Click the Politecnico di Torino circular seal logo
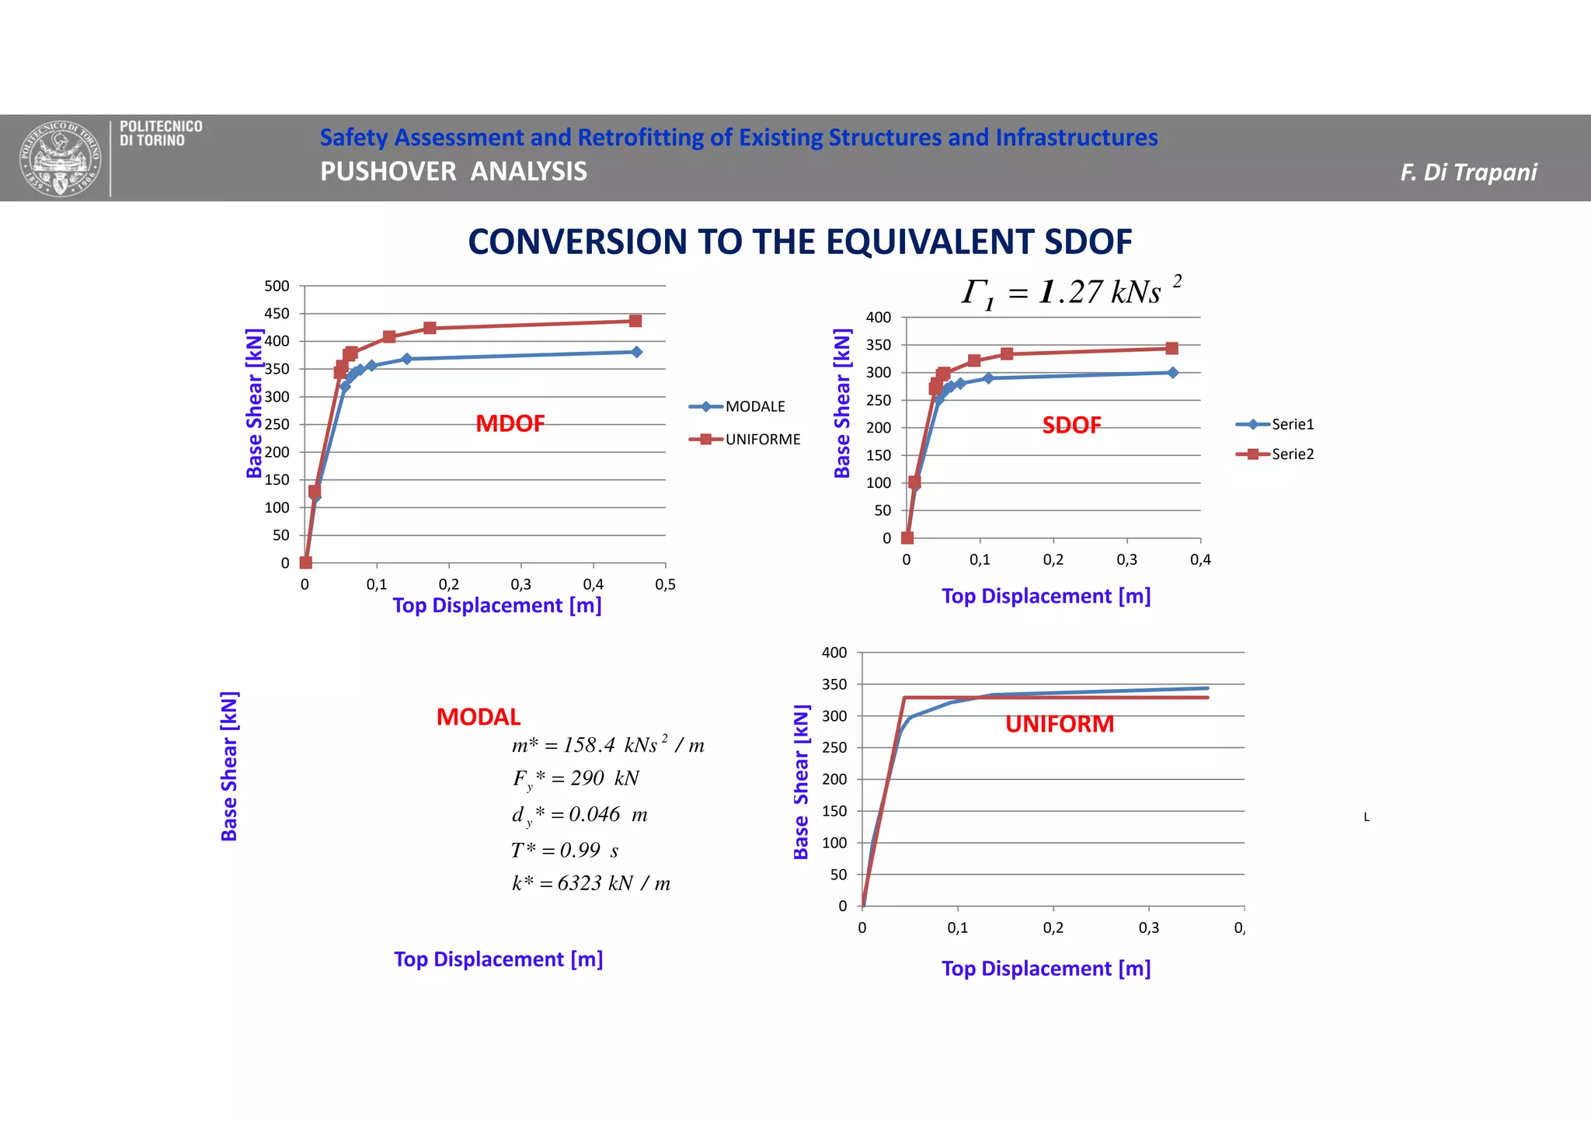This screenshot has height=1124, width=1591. tap(60, 159)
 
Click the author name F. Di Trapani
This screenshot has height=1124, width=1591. tap(1467, 172)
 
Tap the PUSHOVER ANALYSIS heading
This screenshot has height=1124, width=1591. tap(454, 172)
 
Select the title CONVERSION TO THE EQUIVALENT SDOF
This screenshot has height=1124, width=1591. tap(799, 242)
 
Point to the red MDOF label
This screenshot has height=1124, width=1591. tap(510, 423)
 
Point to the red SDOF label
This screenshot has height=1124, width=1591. tap(1071, 425)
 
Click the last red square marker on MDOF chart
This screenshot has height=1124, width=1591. tap(635, 321)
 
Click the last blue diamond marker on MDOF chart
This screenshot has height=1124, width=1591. tap(636, 352)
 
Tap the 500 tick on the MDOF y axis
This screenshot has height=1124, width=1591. tap(277, 286)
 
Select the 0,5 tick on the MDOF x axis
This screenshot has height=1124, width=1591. tap(665, 585)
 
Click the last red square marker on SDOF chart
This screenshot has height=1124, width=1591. tap(1171, 348)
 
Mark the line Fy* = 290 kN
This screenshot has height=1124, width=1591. tap(576, 778)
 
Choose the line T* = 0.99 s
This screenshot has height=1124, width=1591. tap(565, 851)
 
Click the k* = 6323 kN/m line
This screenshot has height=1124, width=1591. tap(590, 883)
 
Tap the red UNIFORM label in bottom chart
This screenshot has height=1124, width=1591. tap(1059, 724)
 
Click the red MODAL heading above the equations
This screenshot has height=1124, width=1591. tap(478, 717)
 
